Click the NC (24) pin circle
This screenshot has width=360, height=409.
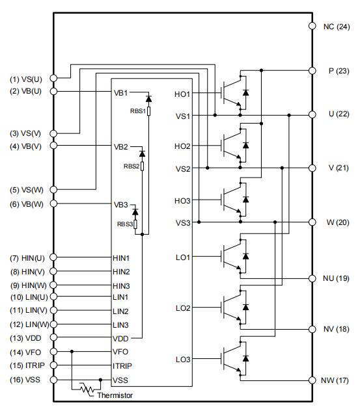(x=312, y=26)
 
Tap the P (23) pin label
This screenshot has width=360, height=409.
(x=339, y=71)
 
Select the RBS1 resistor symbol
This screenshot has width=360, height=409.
(x=149, y=111)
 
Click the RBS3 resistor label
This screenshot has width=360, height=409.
(x=125, y=224)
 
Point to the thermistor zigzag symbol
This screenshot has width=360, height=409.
(x=87, y=389)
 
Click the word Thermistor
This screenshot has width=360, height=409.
(x=115, y=395)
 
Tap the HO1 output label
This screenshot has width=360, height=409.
(x=182, y=94)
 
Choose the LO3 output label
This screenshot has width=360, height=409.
(x=183, y=360)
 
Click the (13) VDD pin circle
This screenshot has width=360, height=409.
(x=53, y=337)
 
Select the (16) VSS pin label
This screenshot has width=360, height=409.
(x=25, y=380)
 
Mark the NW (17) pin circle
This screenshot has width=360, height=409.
(x=312, y=380)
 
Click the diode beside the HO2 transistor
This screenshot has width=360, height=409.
(x=245, y=145)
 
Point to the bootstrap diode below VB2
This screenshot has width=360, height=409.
(x=142, y=153)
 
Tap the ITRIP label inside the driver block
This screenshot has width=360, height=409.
(x=122, y=366)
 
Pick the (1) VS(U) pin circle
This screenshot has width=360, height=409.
(x=53, y=78)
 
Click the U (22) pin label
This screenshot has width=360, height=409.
(x=339, y=114)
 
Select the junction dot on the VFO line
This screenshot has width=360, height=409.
(x=72, y=352)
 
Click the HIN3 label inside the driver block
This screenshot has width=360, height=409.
(x=121, y=286)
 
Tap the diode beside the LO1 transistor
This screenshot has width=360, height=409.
(x=245, y=256)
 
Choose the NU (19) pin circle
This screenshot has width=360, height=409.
(x=312, y=278)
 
